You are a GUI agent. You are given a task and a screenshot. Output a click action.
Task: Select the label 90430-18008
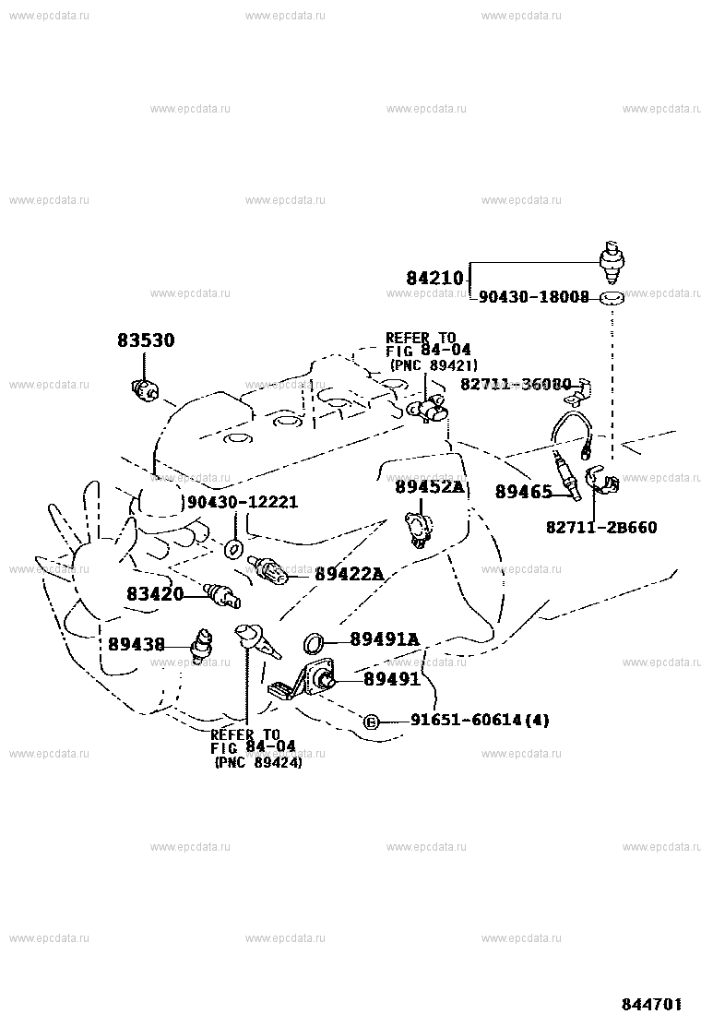[534, 298]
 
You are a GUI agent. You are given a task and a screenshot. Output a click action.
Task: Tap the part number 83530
[146, 340]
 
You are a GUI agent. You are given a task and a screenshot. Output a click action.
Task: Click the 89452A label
[429, 486]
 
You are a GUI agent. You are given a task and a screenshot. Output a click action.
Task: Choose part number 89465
[523, 492]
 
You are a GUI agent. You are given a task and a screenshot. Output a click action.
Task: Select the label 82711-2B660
[600, 527]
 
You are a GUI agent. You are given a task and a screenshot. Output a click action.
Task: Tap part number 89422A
[348, 574]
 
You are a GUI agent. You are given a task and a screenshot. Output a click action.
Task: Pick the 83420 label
[155, 594]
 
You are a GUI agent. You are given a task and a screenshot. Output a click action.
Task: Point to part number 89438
[136, 644]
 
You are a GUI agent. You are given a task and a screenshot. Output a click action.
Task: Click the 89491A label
[385, 639]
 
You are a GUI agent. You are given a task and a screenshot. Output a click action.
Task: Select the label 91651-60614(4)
[467, 720]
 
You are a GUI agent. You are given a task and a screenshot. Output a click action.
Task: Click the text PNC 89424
[258, 762]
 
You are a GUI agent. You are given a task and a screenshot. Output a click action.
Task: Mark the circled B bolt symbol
[371, 721]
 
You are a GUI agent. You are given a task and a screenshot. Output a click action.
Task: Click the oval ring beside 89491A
[314, 641]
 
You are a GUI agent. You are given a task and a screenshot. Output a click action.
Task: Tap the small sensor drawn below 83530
[145, 391]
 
